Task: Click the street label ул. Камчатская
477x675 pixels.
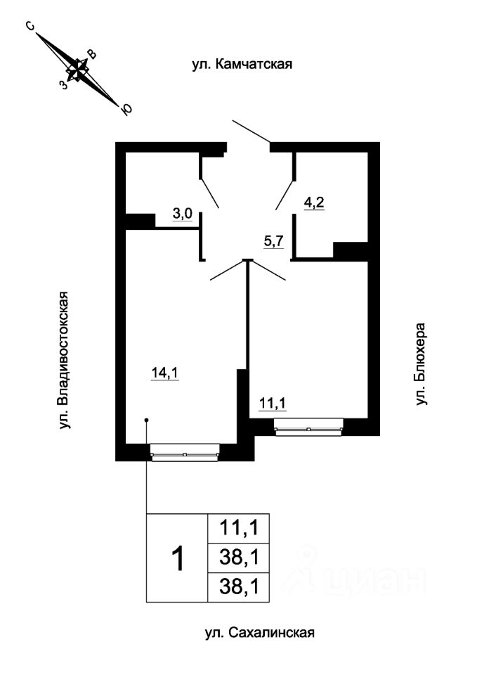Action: (242, 65)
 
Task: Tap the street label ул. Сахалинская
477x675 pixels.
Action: (259, 633)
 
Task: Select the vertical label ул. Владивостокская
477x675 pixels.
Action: (64, 359)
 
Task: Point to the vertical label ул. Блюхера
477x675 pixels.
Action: (422, 364)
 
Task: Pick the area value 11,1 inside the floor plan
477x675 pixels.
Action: (273, 404)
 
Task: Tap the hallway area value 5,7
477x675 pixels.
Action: (273, 241)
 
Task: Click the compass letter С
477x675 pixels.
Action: (30, 27)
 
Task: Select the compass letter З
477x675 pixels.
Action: (64, 84)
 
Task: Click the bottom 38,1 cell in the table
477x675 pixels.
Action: (240, 587)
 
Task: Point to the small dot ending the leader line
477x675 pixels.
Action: (146, 420)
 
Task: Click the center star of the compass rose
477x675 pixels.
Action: (78, 68)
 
